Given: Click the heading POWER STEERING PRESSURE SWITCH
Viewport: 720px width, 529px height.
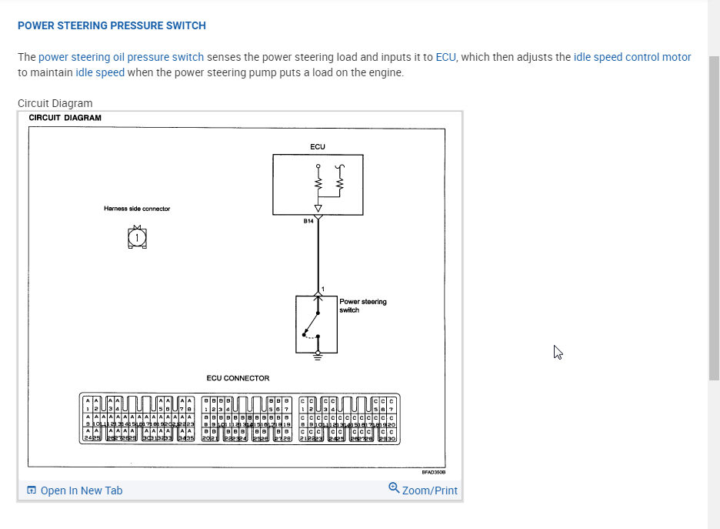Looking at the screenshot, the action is coord(112,25).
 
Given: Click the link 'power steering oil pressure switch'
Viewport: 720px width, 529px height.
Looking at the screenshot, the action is coord(121,57).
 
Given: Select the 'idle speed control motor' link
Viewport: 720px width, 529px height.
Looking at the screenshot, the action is coord(632,57).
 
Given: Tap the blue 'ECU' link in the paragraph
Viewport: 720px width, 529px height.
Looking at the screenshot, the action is coord(445,57).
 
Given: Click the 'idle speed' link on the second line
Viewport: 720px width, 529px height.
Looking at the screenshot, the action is coord(100,72).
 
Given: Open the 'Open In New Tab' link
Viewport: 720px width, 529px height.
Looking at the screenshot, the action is coord(81,490).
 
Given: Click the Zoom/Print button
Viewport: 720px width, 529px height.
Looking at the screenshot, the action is coord(429,490).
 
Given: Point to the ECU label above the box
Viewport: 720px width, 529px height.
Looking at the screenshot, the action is coord(318,146).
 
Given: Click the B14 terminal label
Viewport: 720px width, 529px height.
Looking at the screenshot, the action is coord(308,221).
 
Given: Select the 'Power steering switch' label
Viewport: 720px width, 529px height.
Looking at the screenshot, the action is coord(362,306).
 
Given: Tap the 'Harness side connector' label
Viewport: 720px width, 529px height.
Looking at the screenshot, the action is coord(137,209).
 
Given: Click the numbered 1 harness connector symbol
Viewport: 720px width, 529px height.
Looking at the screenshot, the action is coord(136,239).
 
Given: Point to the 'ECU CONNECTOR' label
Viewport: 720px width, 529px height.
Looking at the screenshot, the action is coord(238,378).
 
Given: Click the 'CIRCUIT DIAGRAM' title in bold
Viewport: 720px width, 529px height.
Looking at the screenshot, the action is coord(65,118).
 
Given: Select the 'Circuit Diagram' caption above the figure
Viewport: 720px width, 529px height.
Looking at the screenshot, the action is coord(55,103).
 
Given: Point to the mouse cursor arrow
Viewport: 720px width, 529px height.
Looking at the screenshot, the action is coord(558,352).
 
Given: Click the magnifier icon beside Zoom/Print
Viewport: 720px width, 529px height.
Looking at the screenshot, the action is coord(394,488).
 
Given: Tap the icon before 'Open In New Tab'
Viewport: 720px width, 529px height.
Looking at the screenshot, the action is coord(32,490).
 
